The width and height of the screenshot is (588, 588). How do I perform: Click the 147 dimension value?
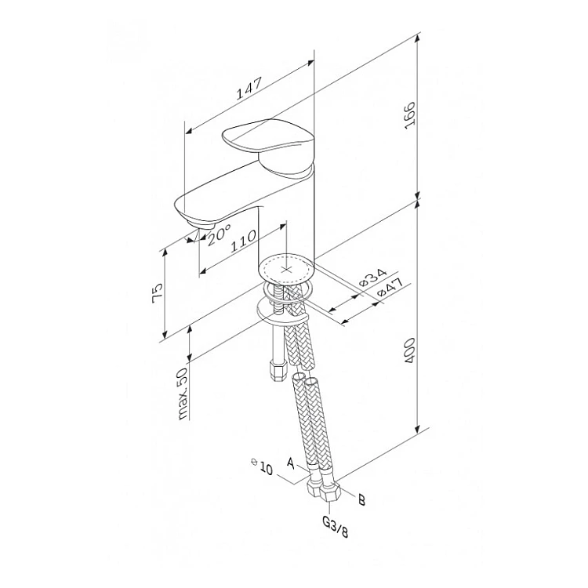[249, 89]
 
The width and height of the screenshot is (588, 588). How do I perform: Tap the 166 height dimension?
[410, 115]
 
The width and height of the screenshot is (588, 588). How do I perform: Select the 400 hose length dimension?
[410, 350]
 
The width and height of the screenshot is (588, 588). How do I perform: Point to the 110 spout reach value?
[243, 241]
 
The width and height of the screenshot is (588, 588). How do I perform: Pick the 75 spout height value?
[158, 291]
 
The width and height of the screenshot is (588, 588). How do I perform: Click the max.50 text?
[183, 393]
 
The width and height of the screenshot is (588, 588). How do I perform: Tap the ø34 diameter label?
[372, 278]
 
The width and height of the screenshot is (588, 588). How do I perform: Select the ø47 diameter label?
[390, 287]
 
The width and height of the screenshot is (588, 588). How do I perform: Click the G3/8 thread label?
[336, 527]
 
